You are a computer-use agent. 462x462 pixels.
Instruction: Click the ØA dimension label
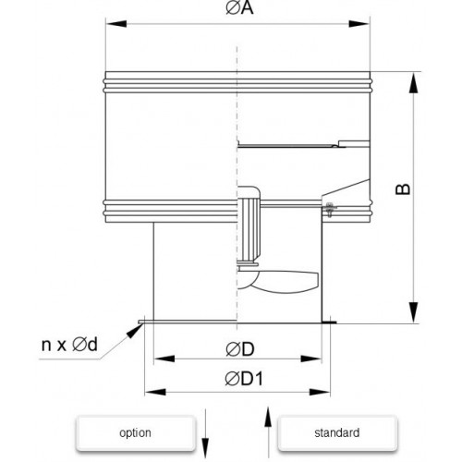239,8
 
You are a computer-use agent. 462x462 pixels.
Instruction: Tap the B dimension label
403,189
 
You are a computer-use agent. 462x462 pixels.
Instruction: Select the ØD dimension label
240,349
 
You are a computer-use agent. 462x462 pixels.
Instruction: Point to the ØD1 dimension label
244,379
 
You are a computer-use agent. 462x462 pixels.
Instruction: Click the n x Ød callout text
69,344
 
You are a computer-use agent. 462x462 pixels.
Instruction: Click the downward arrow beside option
205,433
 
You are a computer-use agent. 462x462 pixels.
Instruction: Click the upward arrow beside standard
268,432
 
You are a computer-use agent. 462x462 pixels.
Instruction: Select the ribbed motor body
249,228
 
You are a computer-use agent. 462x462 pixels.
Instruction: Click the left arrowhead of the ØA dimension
116,24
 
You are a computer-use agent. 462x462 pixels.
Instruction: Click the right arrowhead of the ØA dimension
359,24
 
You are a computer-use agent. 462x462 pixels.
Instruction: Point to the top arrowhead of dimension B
414,82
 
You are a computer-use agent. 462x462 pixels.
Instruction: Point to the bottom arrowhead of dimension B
414,312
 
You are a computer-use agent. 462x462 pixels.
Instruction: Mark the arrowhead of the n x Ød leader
134,331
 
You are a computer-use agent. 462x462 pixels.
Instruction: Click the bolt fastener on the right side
329,210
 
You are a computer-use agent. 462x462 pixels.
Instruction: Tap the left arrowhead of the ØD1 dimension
155,392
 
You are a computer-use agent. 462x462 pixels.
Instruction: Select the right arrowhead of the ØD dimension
311,359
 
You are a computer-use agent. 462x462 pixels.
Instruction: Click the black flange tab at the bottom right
329,322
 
